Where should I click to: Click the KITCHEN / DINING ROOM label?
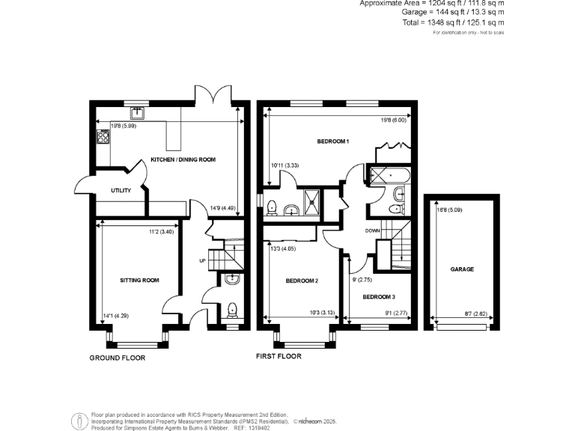pyautogui.click(x=183, y=159)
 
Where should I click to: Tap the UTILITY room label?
pyautogui.click(x=121, y=190)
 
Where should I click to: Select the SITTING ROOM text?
pyautogui.click(x=140, y=281)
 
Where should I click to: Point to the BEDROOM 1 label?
pyautogui.click(x=333, y=141)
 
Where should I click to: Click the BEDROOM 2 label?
pyautogui.click(x=302, y=281)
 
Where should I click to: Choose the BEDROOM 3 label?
pyautogui.click(x=378, y=297)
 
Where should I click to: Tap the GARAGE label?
pyautogui.click(x=462, y=269)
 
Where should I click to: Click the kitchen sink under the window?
pyautogui.click(x=138, y=114)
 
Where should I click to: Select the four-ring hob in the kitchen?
pyautogui.click(x=102, y=137)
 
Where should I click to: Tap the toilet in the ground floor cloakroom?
pyautogui.click(x=232, y=309)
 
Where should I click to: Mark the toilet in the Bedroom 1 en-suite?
pyautogui.click(x=273, y=207)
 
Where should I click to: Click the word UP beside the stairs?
pyautogui.click(x=201, y=260)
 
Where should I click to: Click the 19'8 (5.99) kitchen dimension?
pyautogui.click(x=124, y=126)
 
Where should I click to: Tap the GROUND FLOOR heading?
pyautogui.click(x=118, y=358)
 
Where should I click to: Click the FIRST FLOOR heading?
pyautogui.click(x=279, y=356)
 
